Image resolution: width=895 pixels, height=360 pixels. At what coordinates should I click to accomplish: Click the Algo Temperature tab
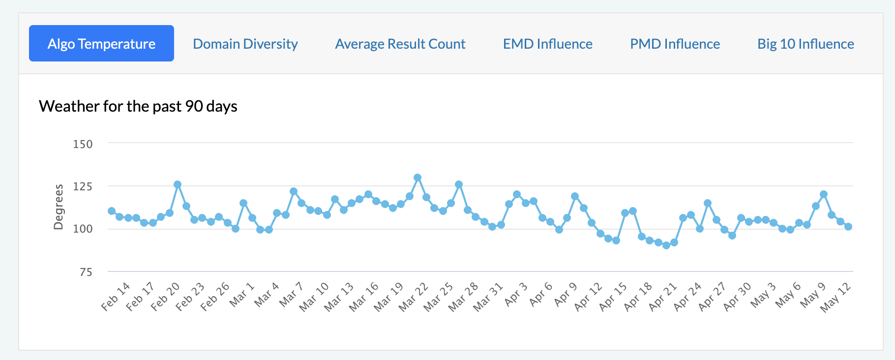[101, 43]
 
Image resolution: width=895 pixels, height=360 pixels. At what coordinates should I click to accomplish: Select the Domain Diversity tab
[245, 44]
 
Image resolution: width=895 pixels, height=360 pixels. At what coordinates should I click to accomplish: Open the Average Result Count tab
[400, 44]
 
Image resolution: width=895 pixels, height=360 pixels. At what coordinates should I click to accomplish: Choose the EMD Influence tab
[548, 44]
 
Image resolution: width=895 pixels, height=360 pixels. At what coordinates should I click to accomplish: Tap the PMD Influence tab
[675, 44]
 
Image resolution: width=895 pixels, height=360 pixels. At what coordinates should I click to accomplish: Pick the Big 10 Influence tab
[805, 44]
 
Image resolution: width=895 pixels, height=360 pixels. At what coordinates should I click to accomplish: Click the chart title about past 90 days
[138, 106]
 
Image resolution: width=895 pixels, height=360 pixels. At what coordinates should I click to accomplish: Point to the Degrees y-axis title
[59, 207]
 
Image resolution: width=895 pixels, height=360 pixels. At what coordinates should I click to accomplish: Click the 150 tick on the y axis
[83, 144]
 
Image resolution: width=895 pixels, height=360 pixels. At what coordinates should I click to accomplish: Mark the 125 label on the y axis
[83, 186]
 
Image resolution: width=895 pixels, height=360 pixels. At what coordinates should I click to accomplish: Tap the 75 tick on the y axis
[86, 272]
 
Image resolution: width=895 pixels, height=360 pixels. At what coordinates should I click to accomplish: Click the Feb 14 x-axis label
[116, 297]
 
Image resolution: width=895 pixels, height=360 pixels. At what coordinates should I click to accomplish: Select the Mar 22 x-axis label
[413, 297]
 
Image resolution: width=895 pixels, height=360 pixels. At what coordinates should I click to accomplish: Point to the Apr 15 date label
[613, 297]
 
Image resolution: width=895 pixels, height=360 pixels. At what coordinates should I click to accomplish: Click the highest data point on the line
[418, 178]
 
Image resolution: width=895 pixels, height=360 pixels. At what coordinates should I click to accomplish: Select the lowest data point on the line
[666, 245]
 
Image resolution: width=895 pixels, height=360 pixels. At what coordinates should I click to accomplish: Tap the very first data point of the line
[112, 211]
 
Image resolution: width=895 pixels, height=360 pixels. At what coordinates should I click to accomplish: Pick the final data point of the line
[848, 227]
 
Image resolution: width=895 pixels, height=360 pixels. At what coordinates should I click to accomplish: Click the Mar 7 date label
[291, 295]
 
